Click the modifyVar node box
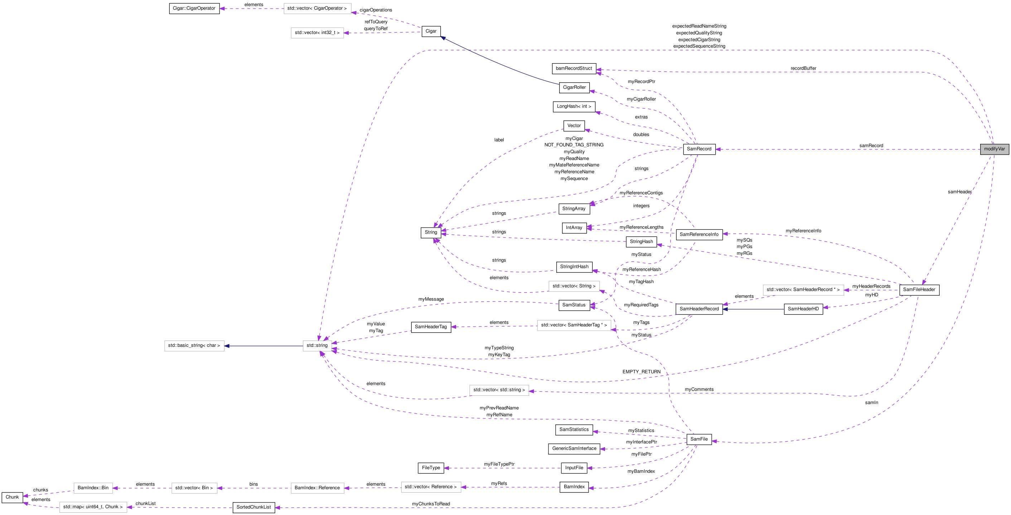pos(994,149)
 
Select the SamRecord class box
pos(699,149)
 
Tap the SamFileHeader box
pos(919,290)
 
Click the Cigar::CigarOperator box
pos(194,8)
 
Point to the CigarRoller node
pos(574,87)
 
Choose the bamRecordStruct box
pos(574,69)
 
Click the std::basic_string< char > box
pos(194,346)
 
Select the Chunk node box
pos(12,497)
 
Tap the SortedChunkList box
pos(253,507)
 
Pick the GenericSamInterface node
pos(574,449)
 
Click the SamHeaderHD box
pos(803,309)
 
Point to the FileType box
pos(431,468)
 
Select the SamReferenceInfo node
pos(698,234)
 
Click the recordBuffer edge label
pos(803,68)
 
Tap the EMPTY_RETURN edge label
pos(641,372)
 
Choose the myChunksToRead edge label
pos(431,504)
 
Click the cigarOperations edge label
pos(376,10)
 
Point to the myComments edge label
pos(699,389)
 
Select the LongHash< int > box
pos(574,107)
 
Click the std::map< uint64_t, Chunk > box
pos(93,507)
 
